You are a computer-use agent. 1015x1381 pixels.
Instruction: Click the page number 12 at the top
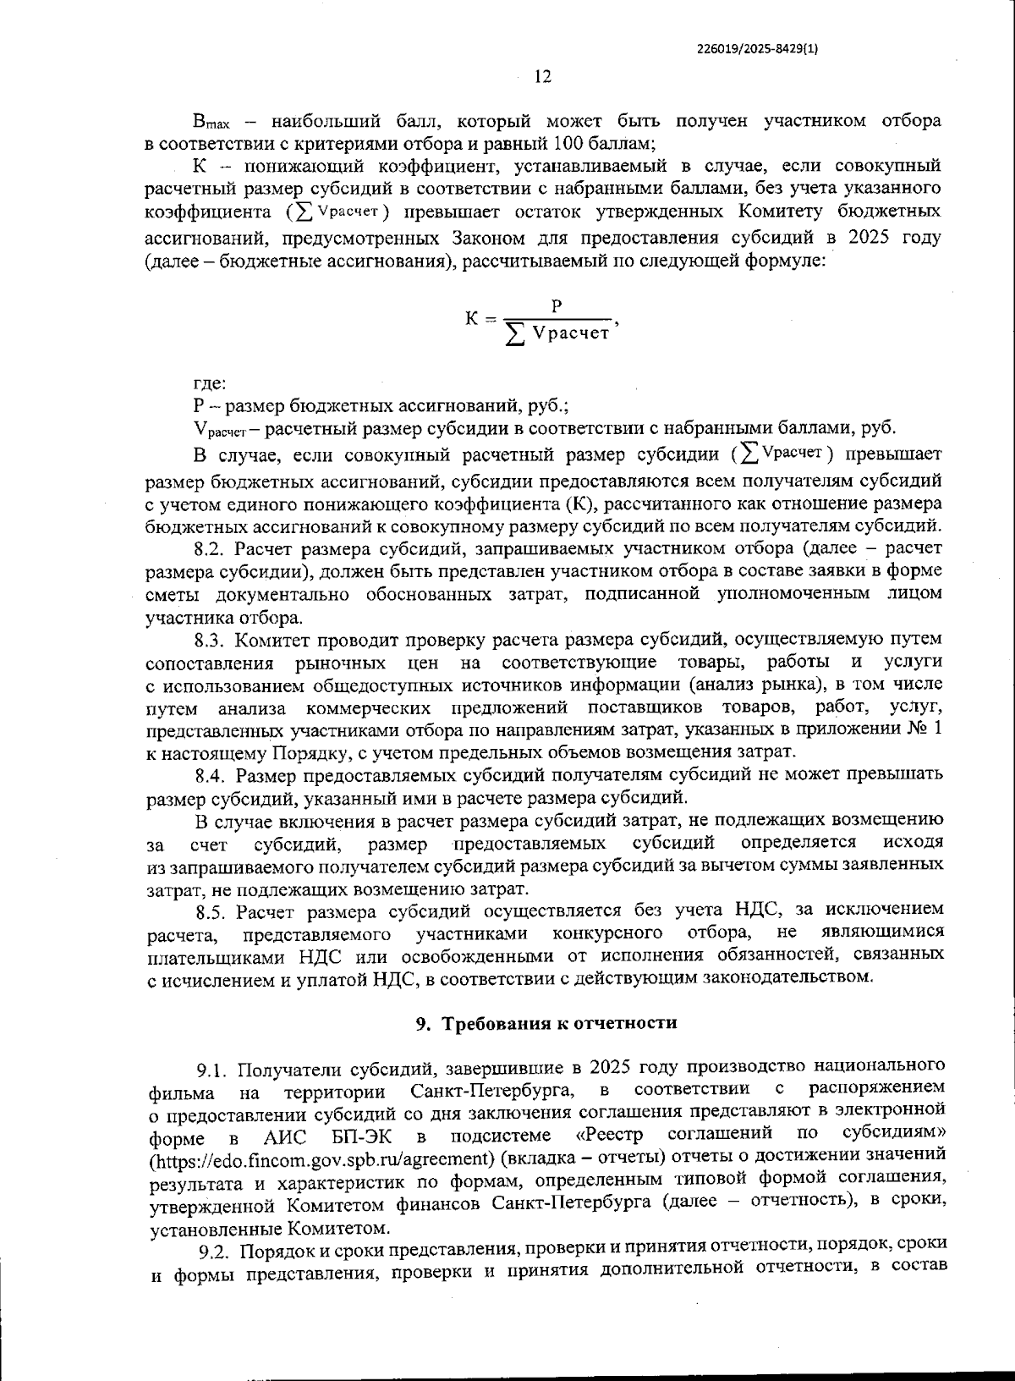click(x=543, y=77)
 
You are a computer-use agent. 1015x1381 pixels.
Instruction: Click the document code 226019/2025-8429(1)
click(x=757, y=48)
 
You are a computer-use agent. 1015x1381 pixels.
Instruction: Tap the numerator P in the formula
click(x=557, y=305)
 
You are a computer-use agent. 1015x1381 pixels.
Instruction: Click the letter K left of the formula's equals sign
click(x=472, y=320)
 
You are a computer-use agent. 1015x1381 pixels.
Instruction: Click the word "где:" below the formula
click(x=209, y=383)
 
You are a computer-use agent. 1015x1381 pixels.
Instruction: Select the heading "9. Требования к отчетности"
click(x=546, y=1023)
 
